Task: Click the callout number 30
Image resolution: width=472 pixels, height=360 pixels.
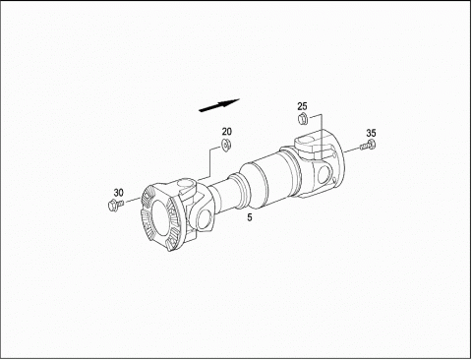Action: [x=119, y=193]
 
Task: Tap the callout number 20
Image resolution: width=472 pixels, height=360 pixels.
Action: [x=227, y=132]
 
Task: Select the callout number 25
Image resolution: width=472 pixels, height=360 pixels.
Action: [x=303, y=106]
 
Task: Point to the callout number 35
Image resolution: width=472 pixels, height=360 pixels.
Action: [x=371, y=133]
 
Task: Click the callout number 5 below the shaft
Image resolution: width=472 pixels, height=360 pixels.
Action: [x=250, y=217]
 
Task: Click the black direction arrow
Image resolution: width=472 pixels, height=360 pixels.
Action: [x=219, y=105]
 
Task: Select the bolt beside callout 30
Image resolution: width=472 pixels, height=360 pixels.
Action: [x=115, y=205]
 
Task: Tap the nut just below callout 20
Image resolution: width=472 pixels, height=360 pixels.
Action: [x=226, y=144]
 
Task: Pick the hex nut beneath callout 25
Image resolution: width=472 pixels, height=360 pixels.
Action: [x=302, y=118]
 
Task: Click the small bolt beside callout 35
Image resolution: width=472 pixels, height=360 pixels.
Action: [x=368, y=146]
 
